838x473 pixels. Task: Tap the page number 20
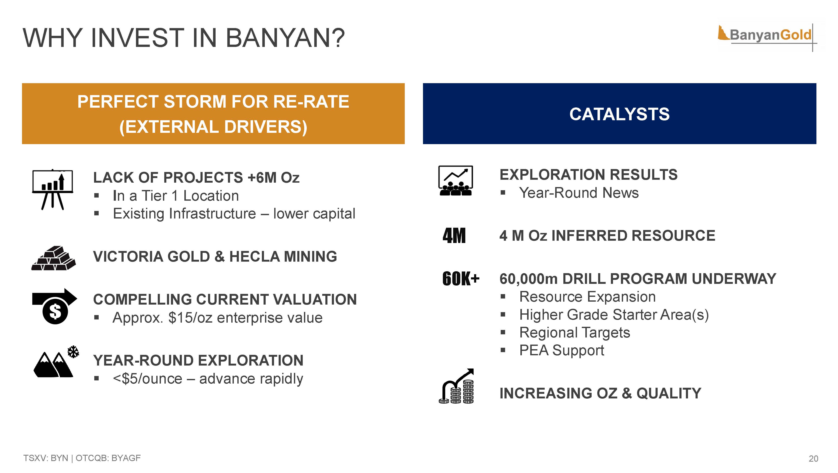coord(813,459)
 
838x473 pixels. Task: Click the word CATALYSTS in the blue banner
coord(619,114)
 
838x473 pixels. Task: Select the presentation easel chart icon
coord(52,189)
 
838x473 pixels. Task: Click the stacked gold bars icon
coord(54,258)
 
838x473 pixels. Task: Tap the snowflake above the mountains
coord(73,352)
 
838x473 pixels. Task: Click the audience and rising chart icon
coord(455,181)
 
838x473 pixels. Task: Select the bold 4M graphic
coord(454,235)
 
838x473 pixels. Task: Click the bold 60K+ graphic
coord(461,279)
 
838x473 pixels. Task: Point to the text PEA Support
coord(562,350)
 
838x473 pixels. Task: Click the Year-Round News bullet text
coord(579,193)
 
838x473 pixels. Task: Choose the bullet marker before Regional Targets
coord(503,332)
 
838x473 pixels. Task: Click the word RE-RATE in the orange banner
coord(311,102)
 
